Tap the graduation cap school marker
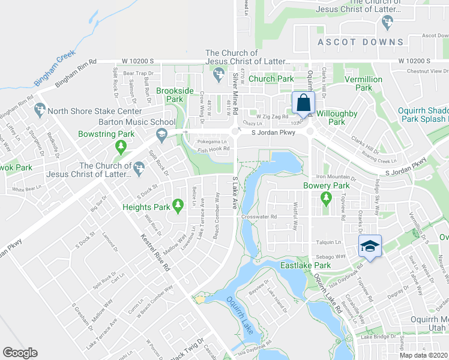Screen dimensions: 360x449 370,245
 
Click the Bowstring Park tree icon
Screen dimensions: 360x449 121,146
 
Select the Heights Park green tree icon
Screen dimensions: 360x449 178,206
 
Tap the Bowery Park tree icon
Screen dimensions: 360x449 326,197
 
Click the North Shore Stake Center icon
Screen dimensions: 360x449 40,110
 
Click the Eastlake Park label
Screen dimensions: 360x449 306,265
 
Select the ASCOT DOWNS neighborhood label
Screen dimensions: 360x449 361,42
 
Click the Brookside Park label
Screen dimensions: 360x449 174,95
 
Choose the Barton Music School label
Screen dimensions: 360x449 137,122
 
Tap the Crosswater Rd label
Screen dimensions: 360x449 259,217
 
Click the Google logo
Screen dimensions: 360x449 20,353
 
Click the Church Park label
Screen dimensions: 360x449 271,79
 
